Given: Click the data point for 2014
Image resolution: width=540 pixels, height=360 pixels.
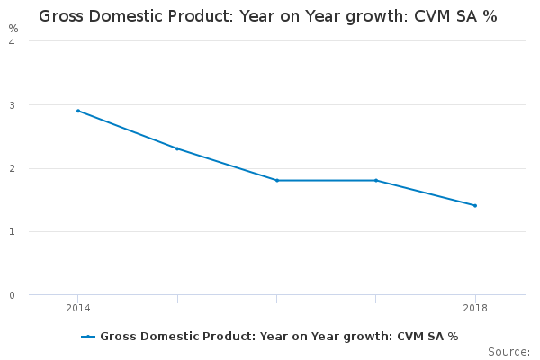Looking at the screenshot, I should pos(78,111).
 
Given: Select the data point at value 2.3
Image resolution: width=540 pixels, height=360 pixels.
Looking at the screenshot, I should pos(177,148).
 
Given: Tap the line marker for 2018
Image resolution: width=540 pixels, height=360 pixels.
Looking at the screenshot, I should pos(475,205).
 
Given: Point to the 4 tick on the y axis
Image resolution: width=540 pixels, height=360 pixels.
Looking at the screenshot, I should pos(12,41).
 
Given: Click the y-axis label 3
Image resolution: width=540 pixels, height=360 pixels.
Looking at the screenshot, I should pos(12,105).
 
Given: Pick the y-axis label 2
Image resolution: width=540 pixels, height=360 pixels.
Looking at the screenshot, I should pos(12,168).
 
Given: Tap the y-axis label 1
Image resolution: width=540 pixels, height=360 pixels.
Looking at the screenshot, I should pos(12,231).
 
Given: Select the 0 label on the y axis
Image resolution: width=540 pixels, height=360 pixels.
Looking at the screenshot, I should pos(12,295).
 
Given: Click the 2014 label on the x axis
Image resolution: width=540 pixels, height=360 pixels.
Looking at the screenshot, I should pos(78,309).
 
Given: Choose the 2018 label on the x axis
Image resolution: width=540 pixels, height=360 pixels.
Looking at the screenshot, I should pos(475,309).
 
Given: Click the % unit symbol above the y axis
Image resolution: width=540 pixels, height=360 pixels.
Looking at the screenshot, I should pos(13,28).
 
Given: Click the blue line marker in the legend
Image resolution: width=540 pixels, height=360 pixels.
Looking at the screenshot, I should pos(88,337).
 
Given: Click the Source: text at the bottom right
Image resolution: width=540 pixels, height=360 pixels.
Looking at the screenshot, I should pos(508,351).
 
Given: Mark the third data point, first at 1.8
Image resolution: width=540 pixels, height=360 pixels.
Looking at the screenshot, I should pos(277,180).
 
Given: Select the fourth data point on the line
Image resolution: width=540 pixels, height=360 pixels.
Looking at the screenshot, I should pos(376,180).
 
